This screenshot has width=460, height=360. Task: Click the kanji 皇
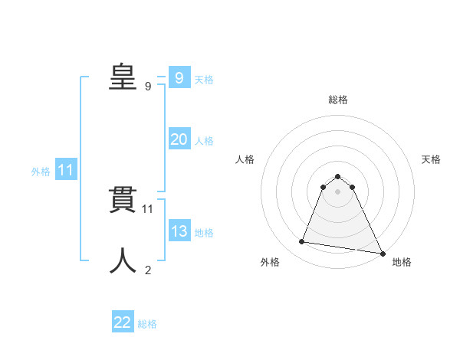click(x=123, y=77)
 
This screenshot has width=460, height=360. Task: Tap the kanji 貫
click(x=123, y=201)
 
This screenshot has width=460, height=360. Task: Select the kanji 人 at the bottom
click(x=123, y=261)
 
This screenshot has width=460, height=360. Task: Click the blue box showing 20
click(x=179, y=139)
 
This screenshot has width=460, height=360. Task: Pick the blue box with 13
click(x=179, y=231)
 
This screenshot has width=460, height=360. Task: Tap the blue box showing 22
click(x=123, y=322)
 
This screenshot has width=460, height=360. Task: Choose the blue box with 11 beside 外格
click(x=65, y=170)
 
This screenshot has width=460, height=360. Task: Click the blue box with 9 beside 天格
click(x=179, y=77)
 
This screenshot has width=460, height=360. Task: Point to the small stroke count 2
click(x=148, y=270)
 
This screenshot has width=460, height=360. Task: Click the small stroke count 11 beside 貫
click(x=148, y=208)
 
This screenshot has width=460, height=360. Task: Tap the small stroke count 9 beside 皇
click(x=148, y=87)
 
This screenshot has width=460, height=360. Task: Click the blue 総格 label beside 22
click(x=147, y=324)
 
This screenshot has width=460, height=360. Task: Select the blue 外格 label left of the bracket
click(x=41, y=172)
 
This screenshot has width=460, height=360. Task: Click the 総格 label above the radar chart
click(x=338, y=100)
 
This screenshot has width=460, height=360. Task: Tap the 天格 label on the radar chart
click(x=431, y=159)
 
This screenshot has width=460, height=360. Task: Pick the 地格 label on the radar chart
click(x=402, y=262)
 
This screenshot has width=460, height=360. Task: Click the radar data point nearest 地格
click(x=382, y=253)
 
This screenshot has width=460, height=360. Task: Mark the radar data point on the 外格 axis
click(x=302, y=242)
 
